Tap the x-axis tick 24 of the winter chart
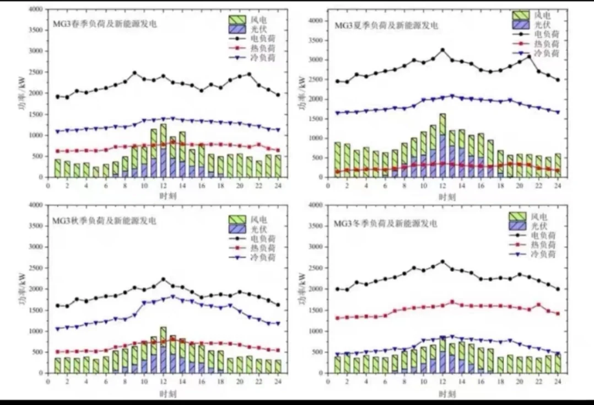[558, 382]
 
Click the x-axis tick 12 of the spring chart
[163, 186]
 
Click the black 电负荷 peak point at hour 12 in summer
[442, 50]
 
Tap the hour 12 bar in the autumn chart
[163, 350]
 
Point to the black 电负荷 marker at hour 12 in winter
[442, 262]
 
